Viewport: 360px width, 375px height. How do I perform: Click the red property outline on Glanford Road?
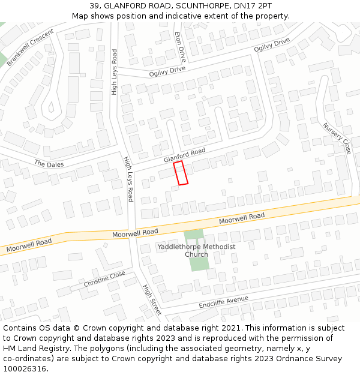(x=181, y=173)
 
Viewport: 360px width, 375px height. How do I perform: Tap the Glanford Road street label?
(x=184, y=155)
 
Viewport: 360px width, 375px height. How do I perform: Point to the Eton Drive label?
(x=180, y=47)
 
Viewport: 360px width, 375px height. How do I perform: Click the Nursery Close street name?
(x=337, y=139)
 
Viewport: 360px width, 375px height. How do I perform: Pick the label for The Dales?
(x=49, y=164)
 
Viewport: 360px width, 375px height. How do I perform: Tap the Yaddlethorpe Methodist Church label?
(x=196, y=251)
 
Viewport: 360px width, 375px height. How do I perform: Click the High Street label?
(x=152, y=299)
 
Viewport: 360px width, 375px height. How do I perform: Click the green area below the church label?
(x=200, y=263)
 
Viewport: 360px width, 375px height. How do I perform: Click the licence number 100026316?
(x=24, y=369)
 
